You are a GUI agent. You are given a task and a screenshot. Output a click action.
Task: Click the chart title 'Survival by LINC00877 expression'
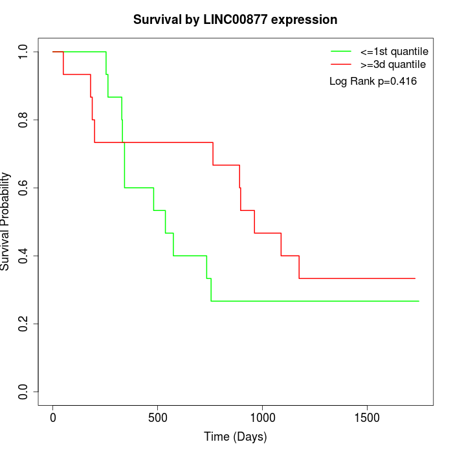click(x=235, y=20)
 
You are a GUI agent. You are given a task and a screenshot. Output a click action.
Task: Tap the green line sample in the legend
click(x=341, y=50)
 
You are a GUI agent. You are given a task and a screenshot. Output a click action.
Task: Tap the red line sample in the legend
click(x=341, y=64)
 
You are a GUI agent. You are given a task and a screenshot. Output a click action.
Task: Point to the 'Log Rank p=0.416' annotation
click(x=373, y=82)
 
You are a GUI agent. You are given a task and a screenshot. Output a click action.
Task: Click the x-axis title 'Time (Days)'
click(x=235, y=437)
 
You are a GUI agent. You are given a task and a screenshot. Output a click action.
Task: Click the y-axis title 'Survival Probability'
click(x=6, y=221)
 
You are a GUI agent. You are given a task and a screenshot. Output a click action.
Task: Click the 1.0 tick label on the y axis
click(x=24, y=52)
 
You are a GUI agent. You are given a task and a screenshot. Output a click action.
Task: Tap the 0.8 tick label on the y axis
click(x=24, y=120)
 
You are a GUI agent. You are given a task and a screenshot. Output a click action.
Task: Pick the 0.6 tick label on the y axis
click(x=24, y=188)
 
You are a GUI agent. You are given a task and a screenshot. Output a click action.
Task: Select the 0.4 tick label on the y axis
click(x=24, y=256)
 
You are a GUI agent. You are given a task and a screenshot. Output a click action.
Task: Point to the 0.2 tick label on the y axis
click(x=24, y=324)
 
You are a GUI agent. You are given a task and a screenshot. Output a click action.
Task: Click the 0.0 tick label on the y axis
click(x=24, y=392)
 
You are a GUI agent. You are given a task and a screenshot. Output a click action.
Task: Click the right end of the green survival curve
click(x=419, y=301)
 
